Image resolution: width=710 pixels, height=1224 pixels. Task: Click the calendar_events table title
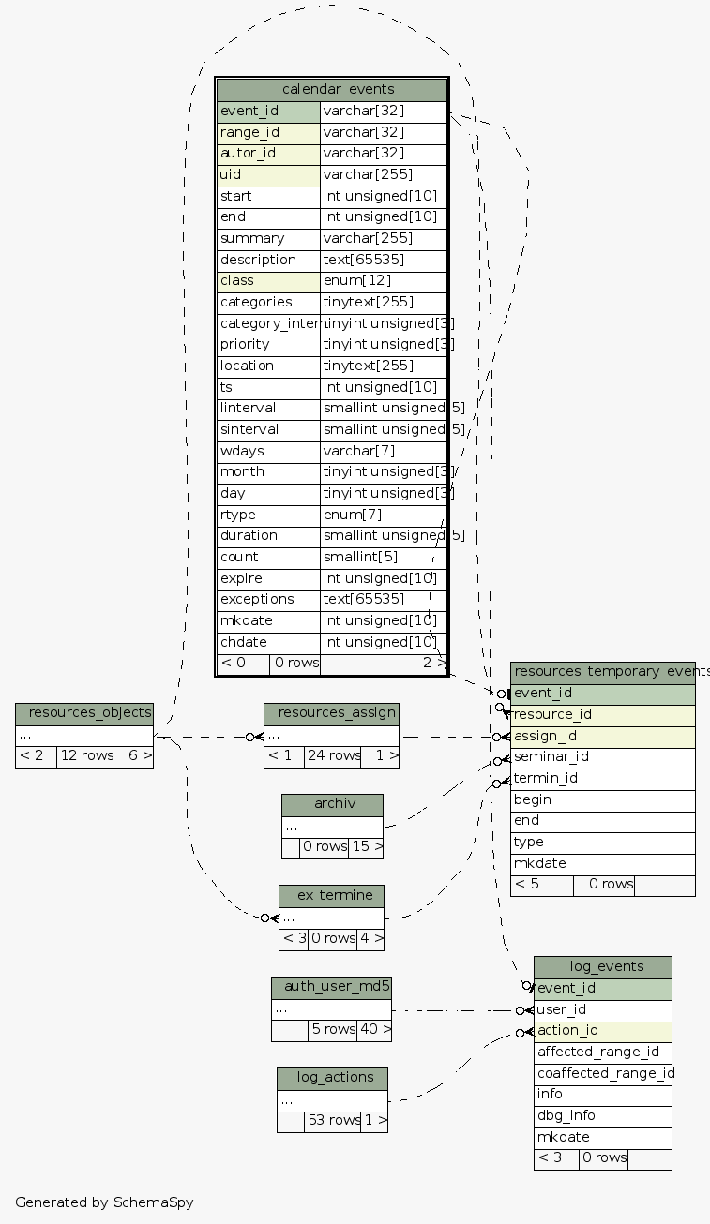click(332, 90)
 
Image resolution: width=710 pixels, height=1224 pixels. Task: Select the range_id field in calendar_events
click(268, 132)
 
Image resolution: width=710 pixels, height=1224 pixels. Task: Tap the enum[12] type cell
click(383, 280)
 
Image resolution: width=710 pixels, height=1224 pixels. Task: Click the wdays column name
click(268, 451)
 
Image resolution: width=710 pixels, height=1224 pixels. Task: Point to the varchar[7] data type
click(383, 451)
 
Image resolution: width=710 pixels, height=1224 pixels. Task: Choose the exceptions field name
click(268, 599)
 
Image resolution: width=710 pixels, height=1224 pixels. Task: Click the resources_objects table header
click(84, 713)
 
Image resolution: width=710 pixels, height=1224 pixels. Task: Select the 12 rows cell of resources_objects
click(84, 755)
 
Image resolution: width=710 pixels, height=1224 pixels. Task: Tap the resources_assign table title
click(331, 713)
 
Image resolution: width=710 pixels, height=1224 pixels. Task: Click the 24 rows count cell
click(332, 755)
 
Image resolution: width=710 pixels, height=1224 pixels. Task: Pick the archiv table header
click(332, 804)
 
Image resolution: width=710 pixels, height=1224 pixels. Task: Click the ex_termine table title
click(331, 895)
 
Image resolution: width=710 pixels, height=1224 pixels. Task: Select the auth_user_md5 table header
click(331, 986)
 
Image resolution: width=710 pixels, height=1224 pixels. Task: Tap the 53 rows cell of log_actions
click(332, 1120)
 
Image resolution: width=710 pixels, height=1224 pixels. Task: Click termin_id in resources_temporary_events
click(602, 778)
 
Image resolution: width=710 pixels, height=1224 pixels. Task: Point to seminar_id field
click(602, 756)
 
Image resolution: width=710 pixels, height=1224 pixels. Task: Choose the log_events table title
click(603, 967)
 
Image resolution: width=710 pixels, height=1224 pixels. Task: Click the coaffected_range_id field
click(603, 1073)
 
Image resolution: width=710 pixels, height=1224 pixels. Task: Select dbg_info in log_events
click(603, 1115)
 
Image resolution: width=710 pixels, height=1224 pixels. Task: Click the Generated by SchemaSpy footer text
click(104, 1202)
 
